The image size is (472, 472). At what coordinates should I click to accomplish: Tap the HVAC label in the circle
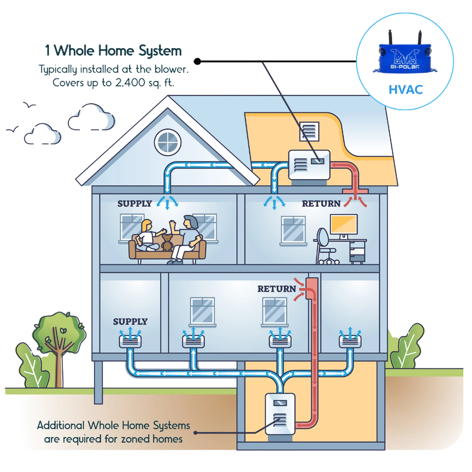point(405,90)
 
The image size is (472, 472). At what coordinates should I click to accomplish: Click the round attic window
point(168,142)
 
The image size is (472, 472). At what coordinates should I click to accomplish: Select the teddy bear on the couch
point(167,242)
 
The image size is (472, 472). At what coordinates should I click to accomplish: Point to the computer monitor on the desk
point(344,224)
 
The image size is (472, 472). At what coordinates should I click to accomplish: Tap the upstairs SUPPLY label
point(134,204)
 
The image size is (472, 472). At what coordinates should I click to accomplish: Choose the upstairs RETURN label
point(321,204)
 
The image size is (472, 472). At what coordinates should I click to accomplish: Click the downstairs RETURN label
point(277,289)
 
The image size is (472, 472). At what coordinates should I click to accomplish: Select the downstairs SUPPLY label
point(130,322)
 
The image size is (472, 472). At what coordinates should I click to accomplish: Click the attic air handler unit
point(309,165)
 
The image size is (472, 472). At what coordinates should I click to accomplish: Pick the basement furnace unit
point(280,414)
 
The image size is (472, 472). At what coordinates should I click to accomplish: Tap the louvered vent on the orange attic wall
point(309,131)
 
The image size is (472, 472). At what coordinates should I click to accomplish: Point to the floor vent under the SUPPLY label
point(130,342)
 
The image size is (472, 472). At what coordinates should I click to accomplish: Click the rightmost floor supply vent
point(350,341)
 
